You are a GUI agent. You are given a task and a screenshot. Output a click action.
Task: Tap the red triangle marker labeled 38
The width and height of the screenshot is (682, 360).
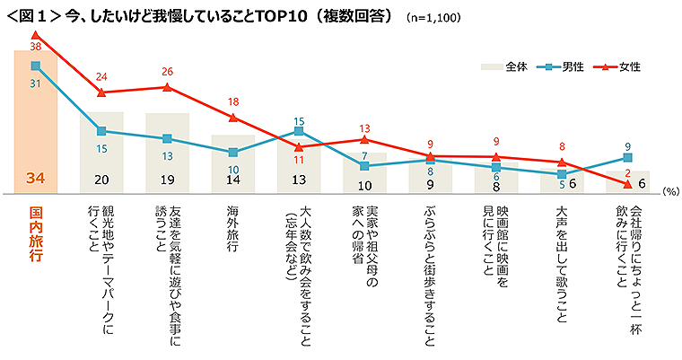[35, 35]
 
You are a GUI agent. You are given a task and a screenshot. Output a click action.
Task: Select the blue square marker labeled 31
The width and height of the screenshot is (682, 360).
[35, 66]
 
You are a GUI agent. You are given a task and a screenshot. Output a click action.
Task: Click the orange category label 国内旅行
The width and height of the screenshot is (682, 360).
[36, 234]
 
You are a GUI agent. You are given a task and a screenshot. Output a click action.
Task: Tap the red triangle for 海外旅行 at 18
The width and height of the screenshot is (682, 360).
[233, 118]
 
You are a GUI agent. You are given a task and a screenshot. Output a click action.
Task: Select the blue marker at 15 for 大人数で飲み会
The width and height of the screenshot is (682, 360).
[299, 130]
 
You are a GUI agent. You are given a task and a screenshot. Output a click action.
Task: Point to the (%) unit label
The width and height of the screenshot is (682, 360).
[669, 192]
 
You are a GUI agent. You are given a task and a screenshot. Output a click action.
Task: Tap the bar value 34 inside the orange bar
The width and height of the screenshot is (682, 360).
[35, 180]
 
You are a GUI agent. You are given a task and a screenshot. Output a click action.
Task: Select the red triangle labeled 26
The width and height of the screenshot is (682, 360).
[167, 87]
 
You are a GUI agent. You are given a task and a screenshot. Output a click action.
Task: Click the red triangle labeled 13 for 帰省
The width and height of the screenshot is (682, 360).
[364, 139]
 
